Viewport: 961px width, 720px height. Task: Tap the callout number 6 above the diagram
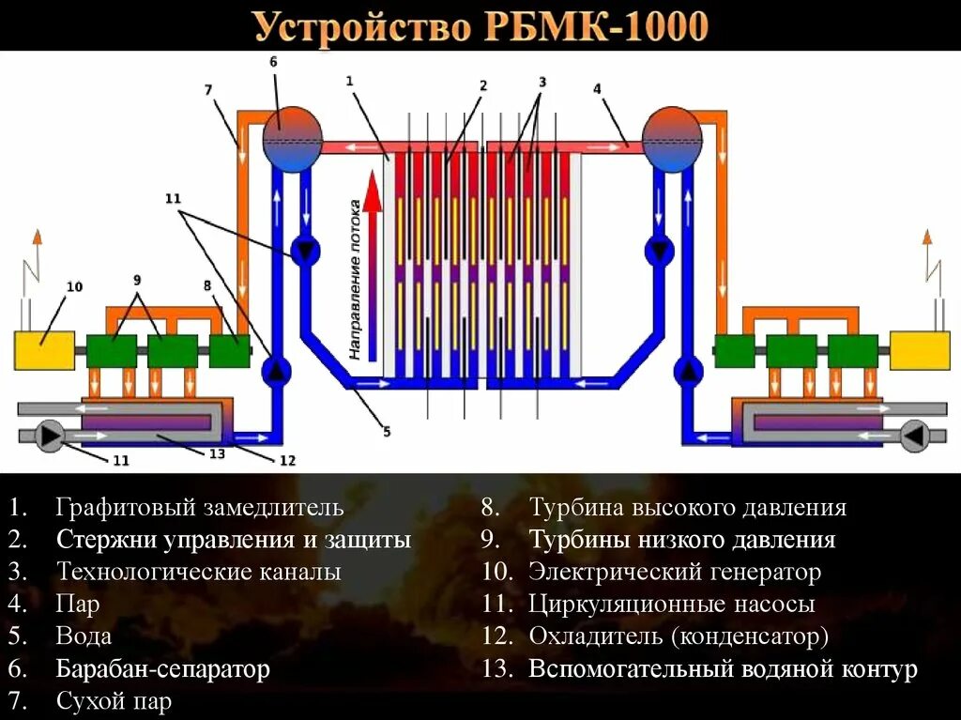[x=273, y=61]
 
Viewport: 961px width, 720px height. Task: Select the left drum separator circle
[x=292, y=138]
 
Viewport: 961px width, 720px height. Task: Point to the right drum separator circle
[x=671, y=138]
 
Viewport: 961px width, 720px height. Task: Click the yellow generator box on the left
[x=44, y=350]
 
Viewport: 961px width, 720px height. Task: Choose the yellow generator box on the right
[x=919, y=350]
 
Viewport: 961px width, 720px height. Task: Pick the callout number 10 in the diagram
[x=74, y=286]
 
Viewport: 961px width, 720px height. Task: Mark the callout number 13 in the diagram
[x=217, y=454]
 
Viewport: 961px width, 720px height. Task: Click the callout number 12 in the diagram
[x=287, y=460]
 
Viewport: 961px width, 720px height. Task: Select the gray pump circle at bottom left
[x=49, y=435]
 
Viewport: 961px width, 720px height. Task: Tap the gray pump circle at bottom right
[x=913, y=435]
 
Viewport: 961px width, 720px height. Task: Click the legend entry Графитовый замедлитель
[x=199, y=509]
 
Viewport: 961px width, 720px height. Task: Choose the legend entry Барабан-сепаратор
[x=162, y=669]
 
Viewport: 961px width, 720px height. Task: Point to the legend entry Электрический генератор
[x=674, y=572]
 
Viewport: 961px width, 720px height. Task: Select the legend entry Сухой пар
[x=114, y=701]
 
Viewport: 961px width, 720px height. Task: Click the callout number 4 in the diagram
[x=597, y=88]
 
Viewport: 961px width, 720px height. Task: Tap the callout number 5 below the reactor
[x=386, y=433]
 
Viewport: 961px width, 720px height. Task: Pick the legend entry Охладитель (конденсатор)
[x=679, y=636]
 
